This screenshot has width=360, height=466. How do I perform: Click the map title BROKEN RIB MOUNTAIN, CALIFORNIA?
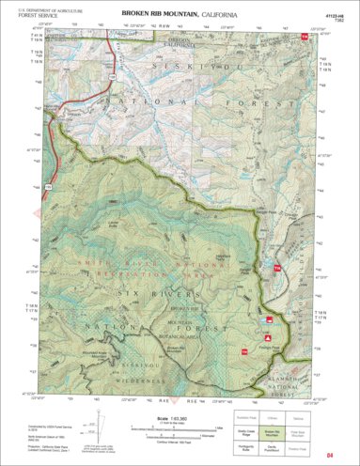(179, 15)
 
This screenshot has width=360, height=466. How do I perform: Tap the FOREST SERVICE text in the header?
(36, 16)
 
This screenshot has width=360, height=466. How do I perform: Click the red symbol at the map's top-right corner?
(303, 37)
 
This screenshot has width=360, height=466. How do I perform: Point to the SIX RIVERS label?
(148, 294)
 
